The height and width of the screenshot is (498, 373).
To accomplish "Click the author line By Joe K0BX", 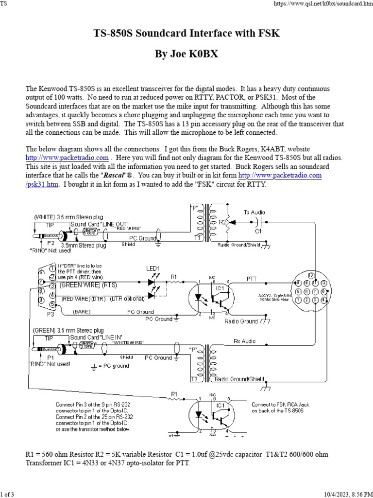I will pos(186,53).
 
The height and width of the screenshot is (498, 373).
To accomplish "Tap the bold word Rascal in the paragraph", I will pos(151,175).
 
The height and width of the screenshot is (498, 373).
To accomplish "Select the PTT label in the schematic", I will pos(252,279).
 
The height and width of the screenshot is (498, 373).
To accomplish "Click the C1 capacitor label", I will pos(258,231).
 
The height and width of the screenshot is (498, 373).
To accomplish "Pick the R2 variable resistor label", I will pos(223,222).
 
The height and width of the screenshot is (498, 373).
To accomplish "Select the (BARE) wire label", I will pos(82,311).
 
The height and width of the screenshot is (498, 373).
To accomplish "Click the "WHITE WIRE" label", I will pos(128,343).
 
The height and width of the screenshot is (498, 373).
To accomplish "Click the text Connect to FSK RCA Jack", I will pos(277,404).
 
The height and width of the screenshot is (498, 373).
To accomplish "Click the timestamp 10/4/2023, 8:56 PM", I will pos(345,494).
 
